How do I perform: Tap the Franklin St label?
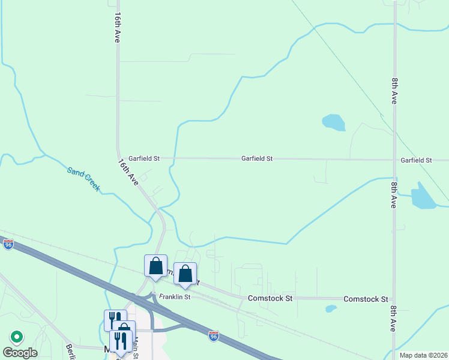175,297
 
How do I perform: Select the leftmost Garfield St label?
144,158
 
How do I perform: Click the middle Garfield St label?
257,158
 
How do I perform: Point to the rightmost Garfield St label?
417,160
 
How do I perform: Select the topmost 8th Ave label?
394,89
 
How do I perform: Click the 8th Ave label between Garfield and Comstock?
394,193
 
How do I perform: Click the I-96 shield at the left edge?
8,245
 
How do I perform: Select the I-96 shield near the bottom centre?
213,336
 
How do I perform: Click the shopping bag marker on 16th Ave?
155,266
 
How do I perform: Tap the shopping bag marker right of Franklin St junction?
185,274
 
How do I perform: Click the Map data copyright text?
423,355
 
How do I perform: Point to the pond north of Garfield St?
334,122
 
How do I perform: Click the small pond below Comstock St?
331,309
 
